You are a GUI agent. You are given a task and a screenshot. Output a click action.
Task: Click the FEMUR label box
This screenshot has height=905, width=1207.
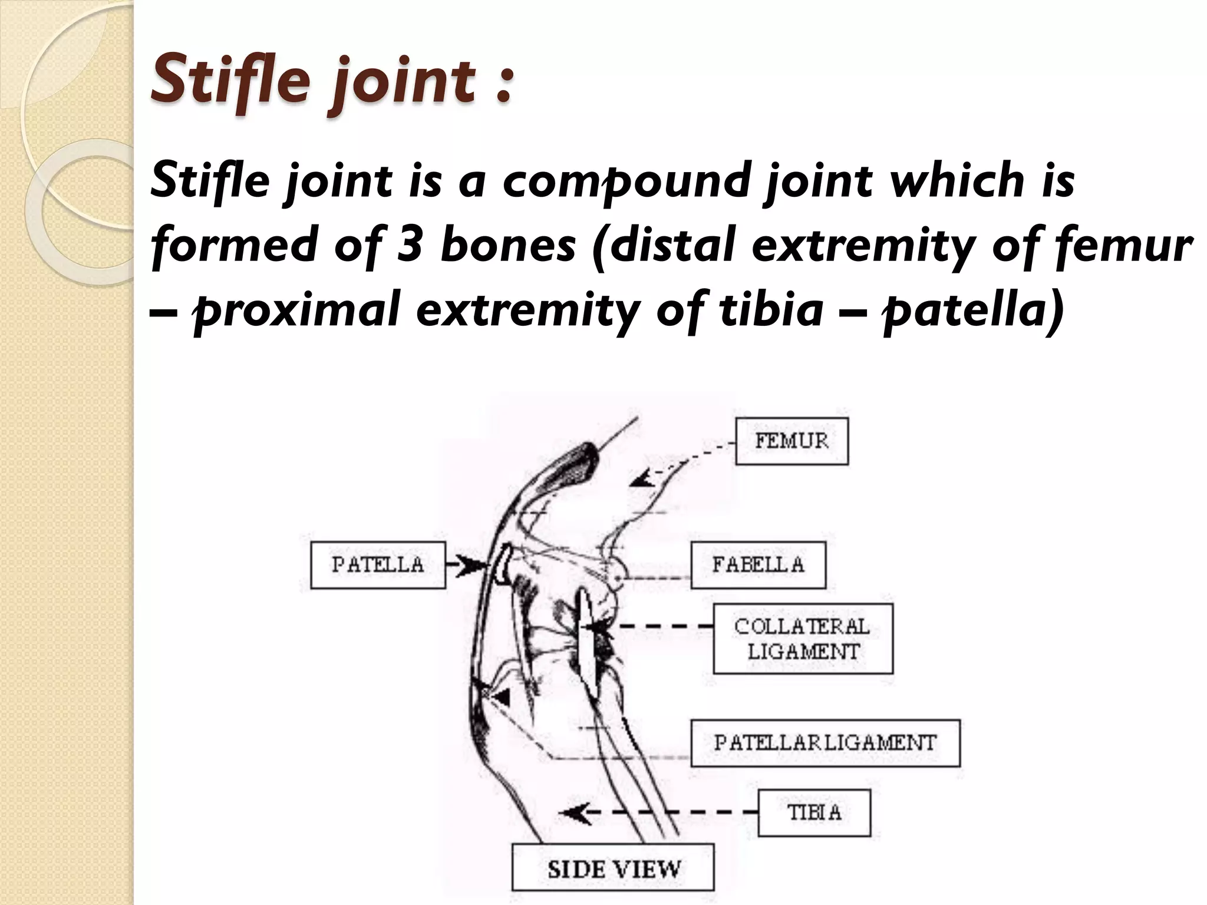pos(792,441)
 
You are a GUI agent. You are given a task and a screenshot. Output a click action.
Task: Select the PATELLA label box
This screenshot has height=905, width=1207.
pos(378,564)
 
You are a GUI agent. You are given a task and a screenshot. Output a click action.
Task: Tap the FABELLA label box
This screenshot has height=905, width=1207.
pos(758,565)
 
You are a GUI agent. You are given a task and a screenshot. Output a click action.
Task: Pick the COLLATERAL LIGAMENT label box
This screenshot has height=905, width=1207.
pos(803,639)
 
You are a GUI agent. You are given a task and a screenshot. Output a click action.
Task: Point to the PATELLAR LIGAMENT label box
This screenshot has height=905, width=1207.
pos(825,742)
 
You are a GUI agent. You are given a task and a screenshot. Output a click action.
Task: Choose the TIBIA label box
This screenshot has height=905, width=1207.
pos(814,813)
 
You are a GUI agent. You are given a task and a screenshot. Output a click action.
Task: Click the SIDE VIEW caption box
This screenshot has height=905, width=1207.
pos(613,870)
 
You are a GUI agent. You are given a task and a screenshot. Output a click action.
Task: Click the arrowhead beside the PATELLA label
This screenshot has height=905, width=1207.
pos(471,566)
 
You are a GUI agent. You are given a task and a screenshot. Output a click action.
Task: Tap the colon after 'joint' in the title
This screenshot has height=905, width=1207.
pos(502,85)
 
